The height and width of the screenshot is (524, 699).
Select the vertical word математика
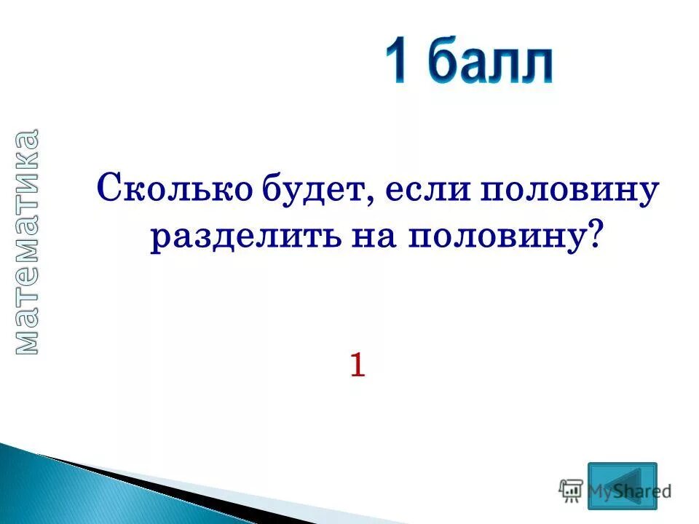coord(27,242)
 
